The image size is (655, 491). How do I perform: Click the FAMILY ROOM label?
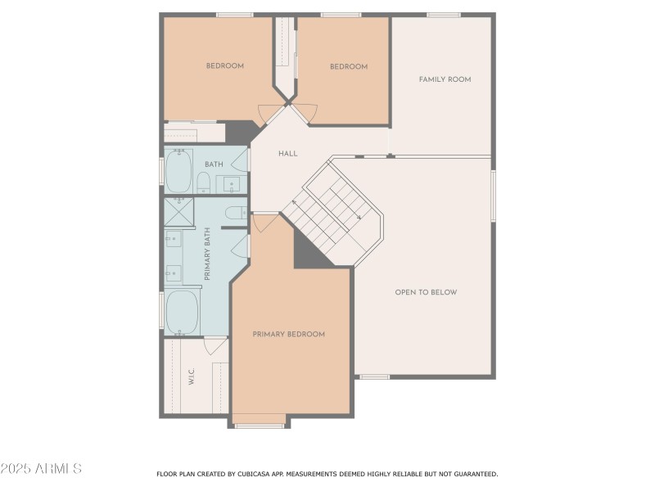[445, 79]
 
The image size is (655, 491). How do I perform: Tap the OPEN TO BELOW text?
[426, 292]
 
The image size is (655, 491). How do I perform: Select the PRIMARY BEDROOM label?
[288, 334]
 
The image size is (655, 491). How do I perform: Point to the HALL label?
[287, 153]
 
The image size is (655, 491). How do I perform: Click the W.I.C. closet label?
[191, 378]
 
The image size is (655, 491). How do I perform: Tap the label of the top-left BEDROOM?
[224, 66]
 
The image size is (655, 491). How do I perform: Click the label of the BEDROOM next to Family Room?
[349, 67]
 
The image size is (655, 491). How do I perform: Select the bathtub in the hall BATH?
[178, 170]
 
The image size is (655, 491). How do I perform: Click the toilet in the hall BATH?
[204, 182]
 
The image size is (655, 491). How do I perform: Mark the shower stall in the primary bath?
[178, 211]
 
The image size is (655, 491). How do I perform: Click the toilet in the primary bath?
[235, 213]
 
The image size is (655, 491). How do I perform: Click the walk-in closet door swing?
[216, 347]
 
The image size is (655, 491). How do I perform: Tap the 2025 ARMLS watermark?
[41, 469]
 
